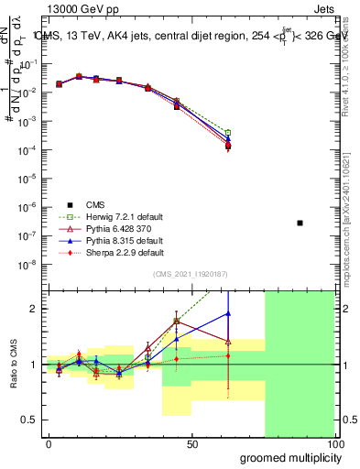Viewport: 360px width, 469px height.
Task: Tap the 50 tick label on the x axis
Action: (191, 443)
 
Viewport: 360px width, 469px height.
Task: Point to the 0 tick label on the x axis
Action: (49, 443)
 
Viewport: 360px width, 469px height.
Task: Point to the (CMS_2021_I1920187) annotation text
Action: (191, 273)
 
